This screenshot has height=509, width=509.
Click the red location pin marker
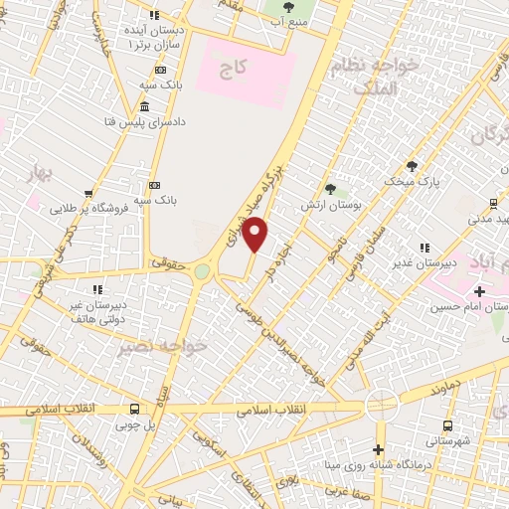coord(255,234)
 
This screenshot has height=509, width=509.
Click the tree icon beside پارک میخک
coord(412,165)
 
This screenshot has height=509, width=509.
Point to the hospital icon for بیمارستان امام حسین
coord(480,291)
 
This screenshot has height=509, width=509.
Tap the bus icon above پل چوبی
coord(135,409)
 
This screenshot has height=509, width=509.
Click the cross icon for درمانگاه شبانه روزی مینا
coord(378,449)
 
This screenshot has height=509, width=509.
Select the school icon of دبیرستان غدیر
coord(425,248)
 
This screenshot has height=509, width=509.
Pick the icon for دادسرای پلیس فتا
coord(145,106)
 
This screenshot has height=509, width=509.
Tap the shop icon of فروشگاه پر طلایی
coord(88,193)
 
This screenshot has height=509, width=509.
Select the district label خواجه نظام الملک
coord(388,74)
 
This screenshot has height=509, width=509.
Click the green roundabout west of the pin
coord(203,271)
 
